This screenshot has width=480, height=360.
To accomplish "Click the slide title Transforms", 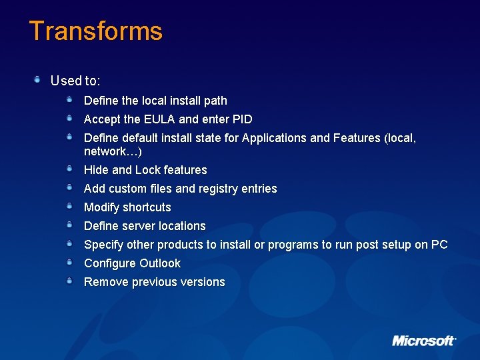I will coord(95,31).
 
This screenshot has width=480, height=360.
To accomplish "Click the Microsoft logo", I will coord(423,341).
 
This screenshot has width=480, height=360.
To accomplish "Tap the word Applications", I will coord(275,138).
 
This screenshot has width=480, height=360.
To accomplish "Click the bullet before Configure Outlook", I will coord(69,262).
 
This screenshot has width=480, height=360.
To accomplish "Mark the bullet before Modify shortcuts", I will coord(69,206).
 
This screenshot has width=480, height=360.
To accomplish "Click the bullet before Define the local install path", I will coord(69,99).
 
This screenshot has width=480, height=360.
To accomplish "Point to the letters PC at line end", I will coord(439,245).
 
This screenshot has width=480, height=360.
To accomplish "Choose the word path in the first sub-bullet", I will coord(215,101).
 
